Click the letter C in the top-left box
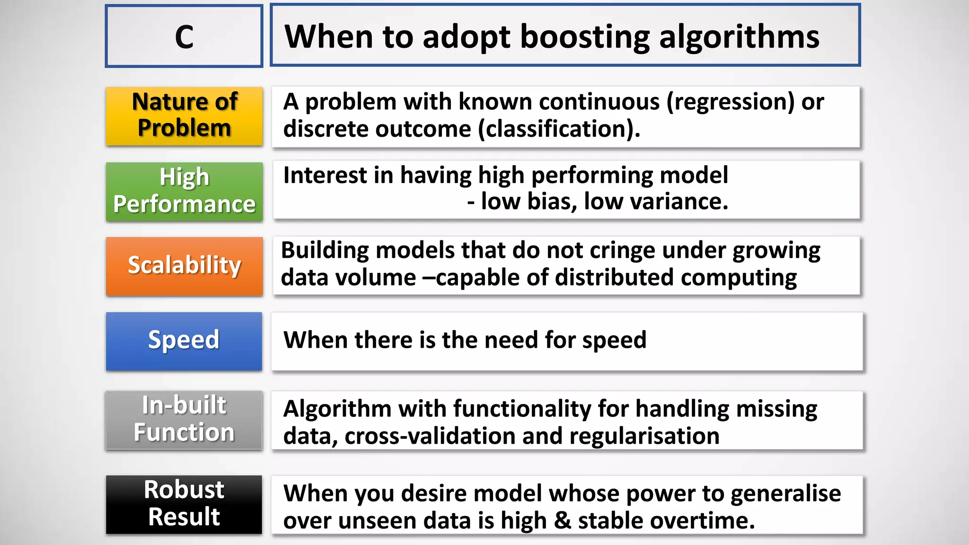click(184, 37)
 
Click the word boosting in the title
click(585, 37)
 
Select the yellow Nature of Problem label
click(184, 115)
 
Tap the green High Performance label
click(184, 191)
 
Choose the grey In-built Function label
click(184, 419)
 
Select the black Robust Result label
click(184, 503)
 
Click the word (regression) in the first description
click(730, 102)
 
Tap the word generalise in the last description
click(785, 494)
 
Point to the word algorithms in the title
click(739, 37)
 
